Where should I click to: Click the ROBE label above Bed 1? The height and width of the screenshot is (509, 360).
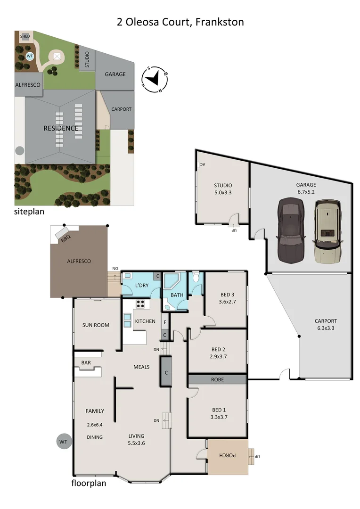[217, 379]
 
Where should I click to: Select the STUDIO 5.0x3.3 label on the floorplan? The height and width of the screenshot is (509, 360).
[223, 189]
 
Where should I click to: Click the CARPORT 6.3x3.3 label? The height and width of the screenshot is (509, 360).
[326, 325]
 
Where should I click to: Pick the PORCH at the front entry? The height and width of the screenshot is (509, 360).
[228, 457]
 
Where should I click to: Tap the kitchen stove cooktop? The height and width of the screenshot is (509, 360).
[140, 304]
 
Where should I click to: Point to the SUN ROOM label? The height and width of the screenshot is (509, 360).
[96, 325]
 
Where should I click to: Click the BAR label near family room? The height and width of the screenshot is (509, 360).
[86, 363]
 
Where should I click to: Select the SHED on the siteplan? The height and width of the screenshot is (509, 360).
[25, 36]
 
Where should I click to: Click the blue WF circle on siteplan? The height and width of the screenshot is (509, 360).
[30, 56]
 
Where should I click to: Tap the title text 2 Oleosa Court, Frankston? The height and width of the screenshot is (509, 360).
[180, 22]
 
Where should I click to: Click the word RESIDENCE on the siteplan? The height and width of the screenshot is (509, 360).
[61, 128]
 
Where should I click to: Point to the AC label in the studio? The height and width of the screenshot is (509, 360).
[202, 164]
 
